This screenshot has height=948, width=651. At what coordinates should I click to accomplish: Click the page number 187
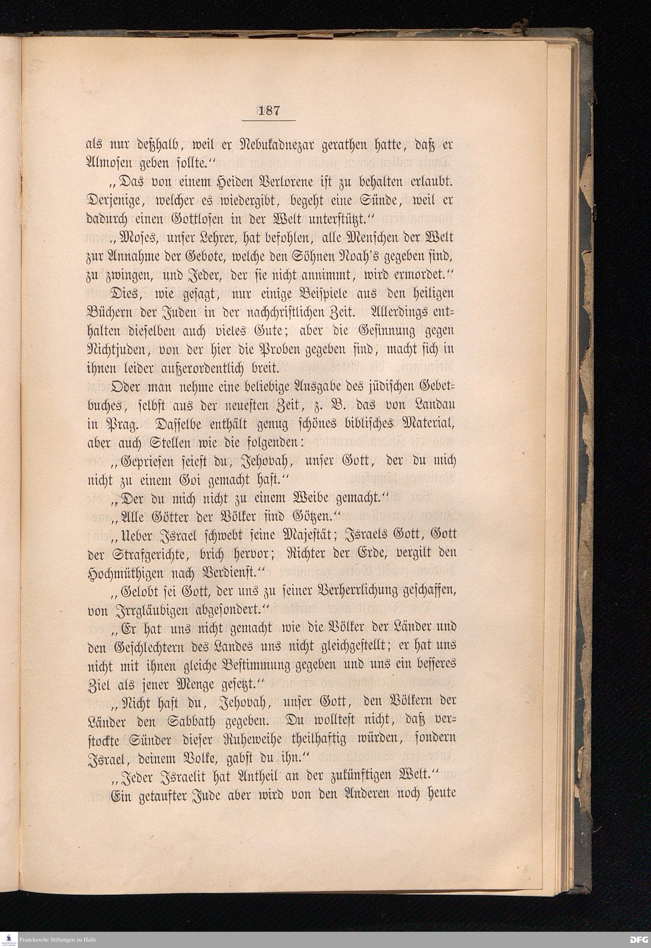[x=269, y=111]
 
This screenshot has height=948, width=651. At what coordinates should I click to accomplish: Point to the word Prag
[x=122, y=425]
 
